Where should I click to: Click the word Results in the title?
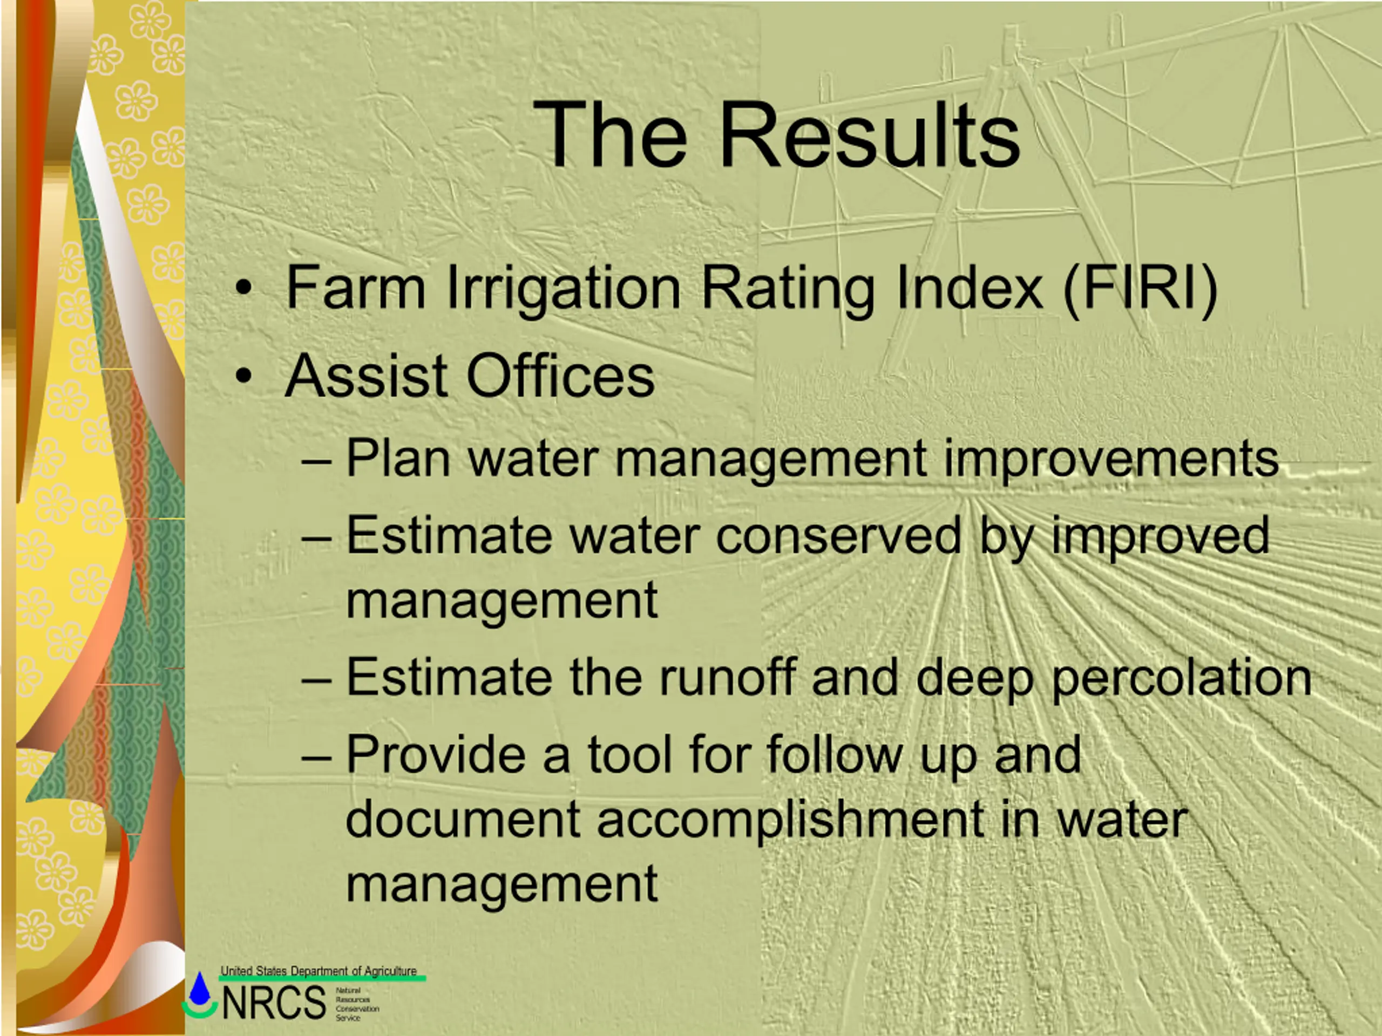870,135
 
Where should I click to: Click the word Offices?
560,376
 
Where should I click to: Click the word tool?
630,754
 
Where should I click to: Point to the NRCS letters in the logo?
274,1003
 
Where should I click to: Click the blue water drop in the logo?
200,988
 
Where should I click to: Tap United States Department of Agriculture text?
319,971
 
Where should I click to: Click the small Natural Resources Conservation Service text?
357,1004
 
